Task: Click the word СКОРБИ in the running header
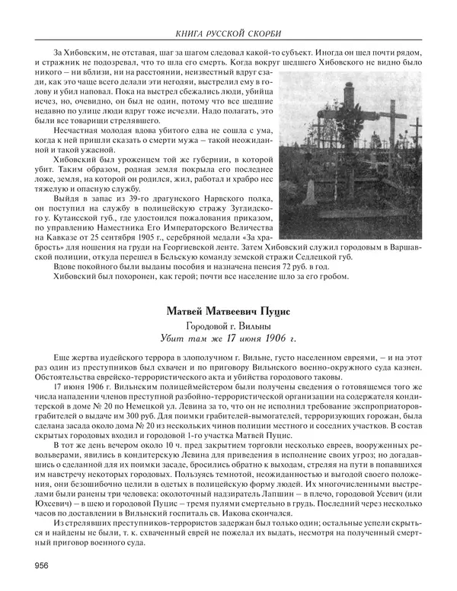(x=261, y=33)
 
